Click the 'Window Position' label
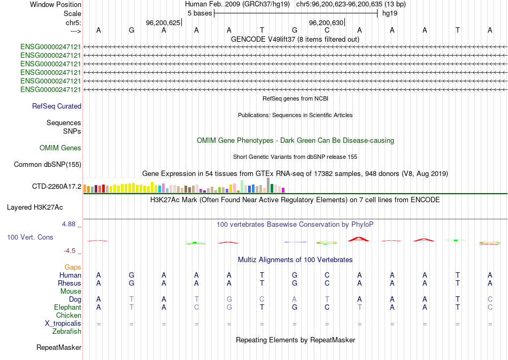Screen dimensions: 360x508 [x=56, y=4]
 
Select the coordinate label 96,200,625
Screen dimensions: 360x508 [x=163, y=23]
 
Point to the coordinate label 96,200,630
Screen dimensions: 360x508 [x=326, y=23]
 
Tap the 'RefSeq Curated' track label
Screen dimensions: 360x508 [x=57, y=106]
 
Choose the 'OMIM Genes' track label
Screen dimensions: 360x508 [x=60, y=148]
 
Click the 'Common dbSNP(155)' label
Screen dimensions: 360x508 [x=48, y=165]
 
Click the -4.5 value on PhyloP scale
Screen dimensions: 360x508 [x=71, y=250]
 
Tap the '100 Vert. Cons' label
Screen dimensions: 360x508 [x=30, y=237]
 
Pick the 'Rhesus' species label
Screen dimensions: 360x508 [x=70, y=283]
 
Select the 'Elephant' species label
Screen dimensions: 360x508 [x=68, y=308]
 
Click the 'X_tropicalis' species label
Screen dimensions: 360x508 [x=63, y=324]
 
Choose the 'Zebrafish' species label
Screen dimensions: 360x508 [x=67, y=332]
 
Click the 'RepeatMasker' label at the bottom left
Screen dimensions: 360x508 [x=59, y=348]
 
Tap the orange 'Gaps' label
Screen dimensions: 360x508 [x=73, y=267]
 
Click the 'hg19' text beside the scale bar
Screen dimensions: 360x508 [x=389, y=13]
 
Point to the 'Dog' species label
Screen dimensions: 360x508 [x=74, y=300]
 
